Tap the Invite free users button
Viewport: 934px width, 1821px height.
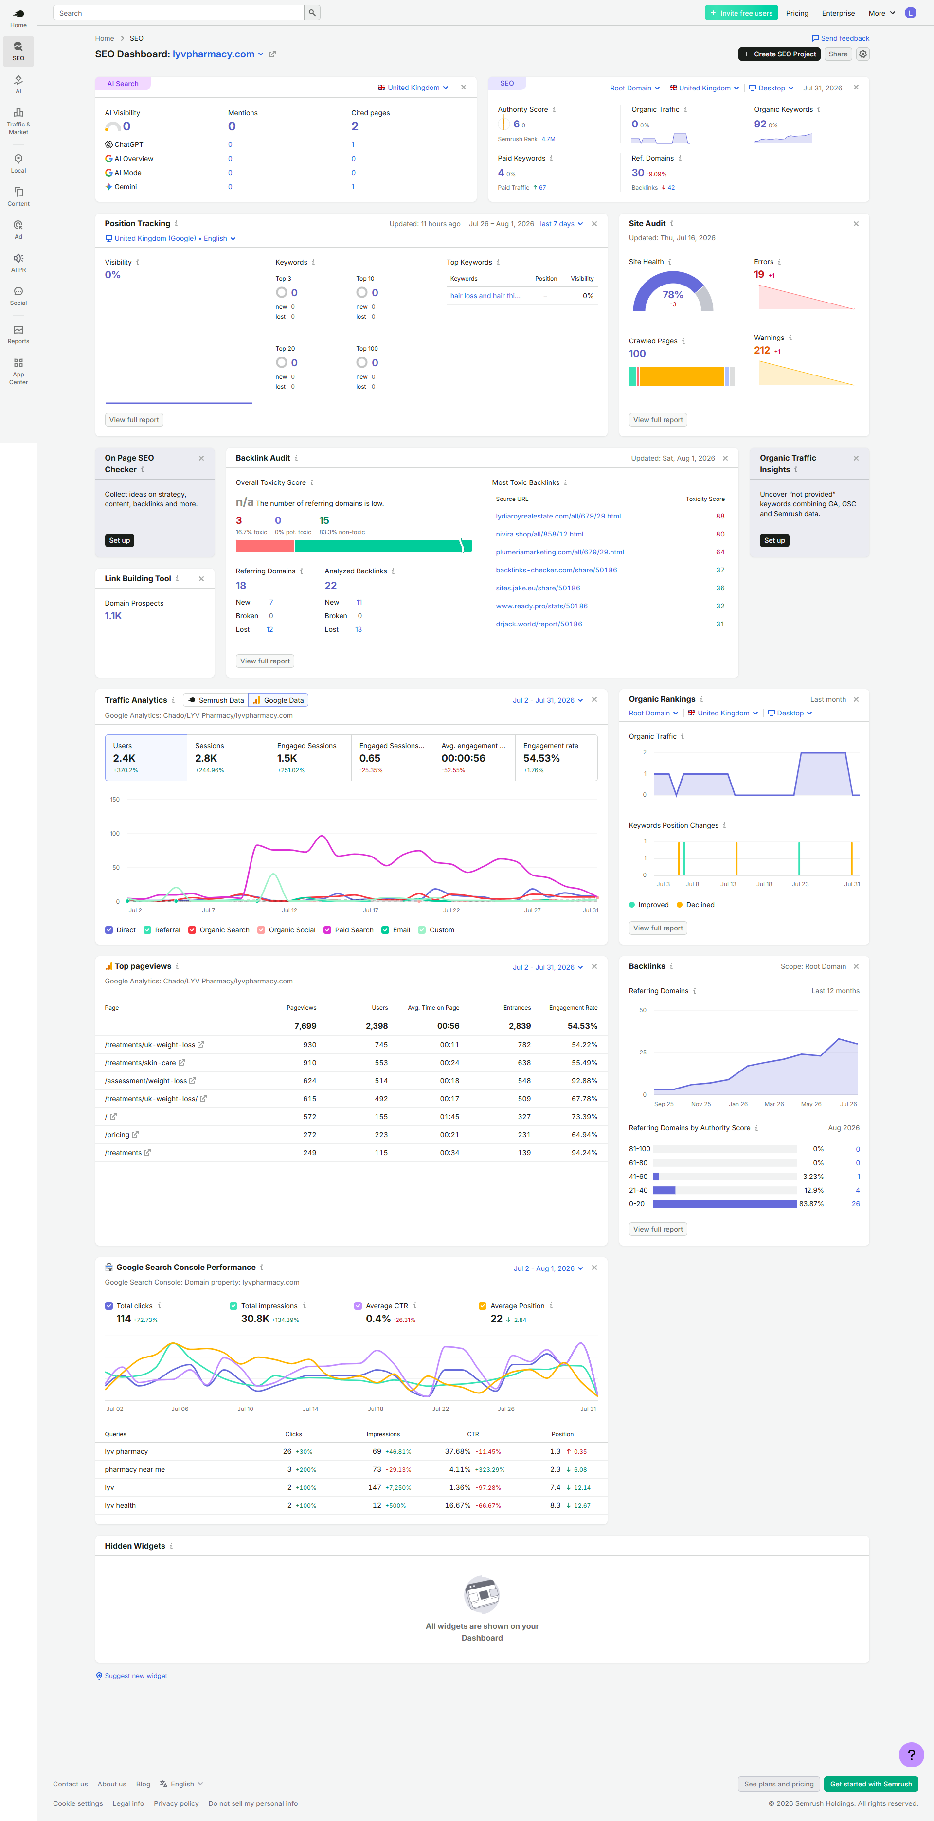[741, 13]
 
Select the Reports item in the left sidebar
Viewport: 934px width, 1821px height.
[18, 334]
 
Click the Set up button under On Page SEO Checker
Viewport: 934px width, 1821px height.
[120, 540]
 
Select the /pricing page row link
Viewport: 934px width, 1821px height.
[117, 1135]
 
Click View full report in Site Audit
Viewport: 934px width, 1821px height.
[658, 420]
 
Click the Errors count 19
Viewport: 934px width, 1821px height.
[759, 274]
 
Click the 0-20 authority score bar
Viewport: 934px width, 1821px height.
[725, 1204]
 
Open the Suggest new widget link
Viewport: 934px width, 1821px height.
[136, 1676]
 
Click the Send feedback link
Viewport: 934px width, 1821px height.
[840, 38]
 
